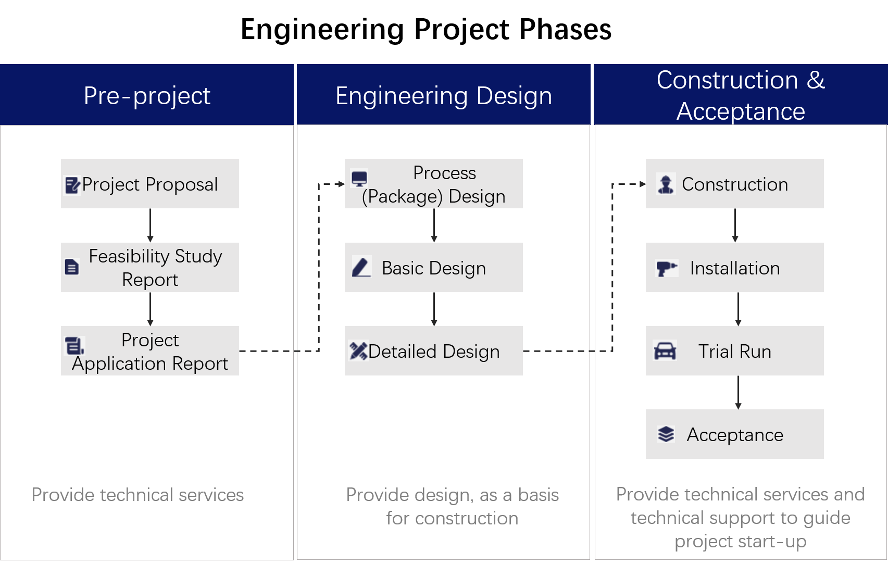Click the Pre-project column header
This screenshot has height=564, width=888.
pyautogui.click(x=147, y=95)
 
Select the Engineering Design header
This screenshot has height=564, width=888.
pyautogui.click(x=443, y=95)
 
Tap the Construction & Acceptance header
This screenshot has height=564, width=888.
pyautogui.click(x=741, y=95)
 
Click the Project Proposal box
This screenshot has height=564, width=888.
pyautogui.click(x=150, y=184)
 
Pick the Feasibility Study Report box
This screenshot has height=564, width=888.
pyautogui.click(x=150, y=268)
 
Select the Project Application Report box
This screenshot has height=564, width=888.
pyautogui.click(x=150, y=351)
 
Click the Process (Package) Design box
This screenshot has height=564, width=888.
pyautogui.click(x=434, y=184)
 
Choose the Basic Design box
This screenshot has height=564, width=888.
pyautogui.click(x=434, y=268)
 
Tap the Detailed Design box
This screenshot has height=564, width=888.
pyautogui.click(x=434, y=351)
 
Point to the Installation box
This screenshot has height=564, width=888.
pyautogui.click(x=735, y=268)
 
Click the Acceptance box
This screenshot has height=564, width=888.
pyautogui.click(x=735, y=434)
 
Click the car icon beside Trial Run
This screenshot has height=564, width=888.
pyautogui.click(x=665, y=351)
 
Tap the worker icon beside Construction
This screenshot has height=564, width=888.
pyautogui.click(x=666, y=184)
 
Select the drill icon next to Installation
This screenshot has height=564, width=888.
pyautogui.click(x=666, y=268)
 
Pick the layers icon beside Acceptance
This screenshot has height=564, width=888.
pyautogui.click(x=666, y=434)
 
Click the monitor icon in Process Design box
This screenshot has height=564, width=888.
pyautogui.click(x=359, y=179)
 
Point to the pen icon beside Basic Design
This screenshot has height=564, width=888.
pyautogui.click(x=361, y=267)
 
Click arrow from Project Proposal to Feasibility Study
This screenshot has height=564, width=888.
pyautogui.click(x=150, y=225)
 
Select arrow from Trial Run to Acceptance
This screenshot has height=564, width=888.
pyautogui.click(x=738, y=392)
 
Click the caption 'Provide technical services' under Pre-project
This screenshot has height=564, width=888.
pyautogui.click(x=137, y=495)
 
